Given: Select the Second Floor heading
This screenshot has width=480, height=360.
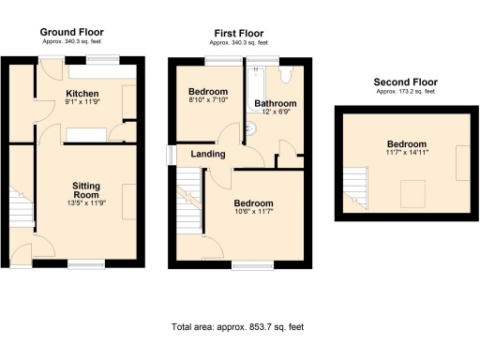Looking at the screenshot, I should [x=405, y=82].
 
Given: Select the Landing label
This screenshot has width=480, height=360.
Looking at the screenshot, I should [x=206, y=154].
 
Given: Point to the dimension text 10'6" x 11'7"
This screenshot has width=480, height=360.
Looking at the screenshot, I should [x=253, y=213].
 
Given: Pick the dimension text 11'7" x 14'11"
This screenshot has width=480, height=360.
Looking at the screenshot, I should [x=407, y=153].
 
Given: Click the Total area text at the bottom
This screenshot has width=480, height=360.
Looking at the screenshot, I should [x=238, y=327].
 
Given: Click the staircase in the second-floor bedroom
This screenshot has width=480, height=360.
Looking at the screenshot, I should [x=354, y=186].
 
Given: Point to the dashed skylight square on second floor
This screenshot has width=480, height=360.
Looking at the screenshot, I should [x=411, y=194].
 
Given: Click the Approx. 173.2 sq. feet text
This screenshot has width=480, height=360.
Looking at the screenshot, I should [x=405, y=92].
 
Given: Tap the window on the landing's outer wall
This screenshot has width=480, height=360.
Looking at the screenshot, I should [x=171, y=155].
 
